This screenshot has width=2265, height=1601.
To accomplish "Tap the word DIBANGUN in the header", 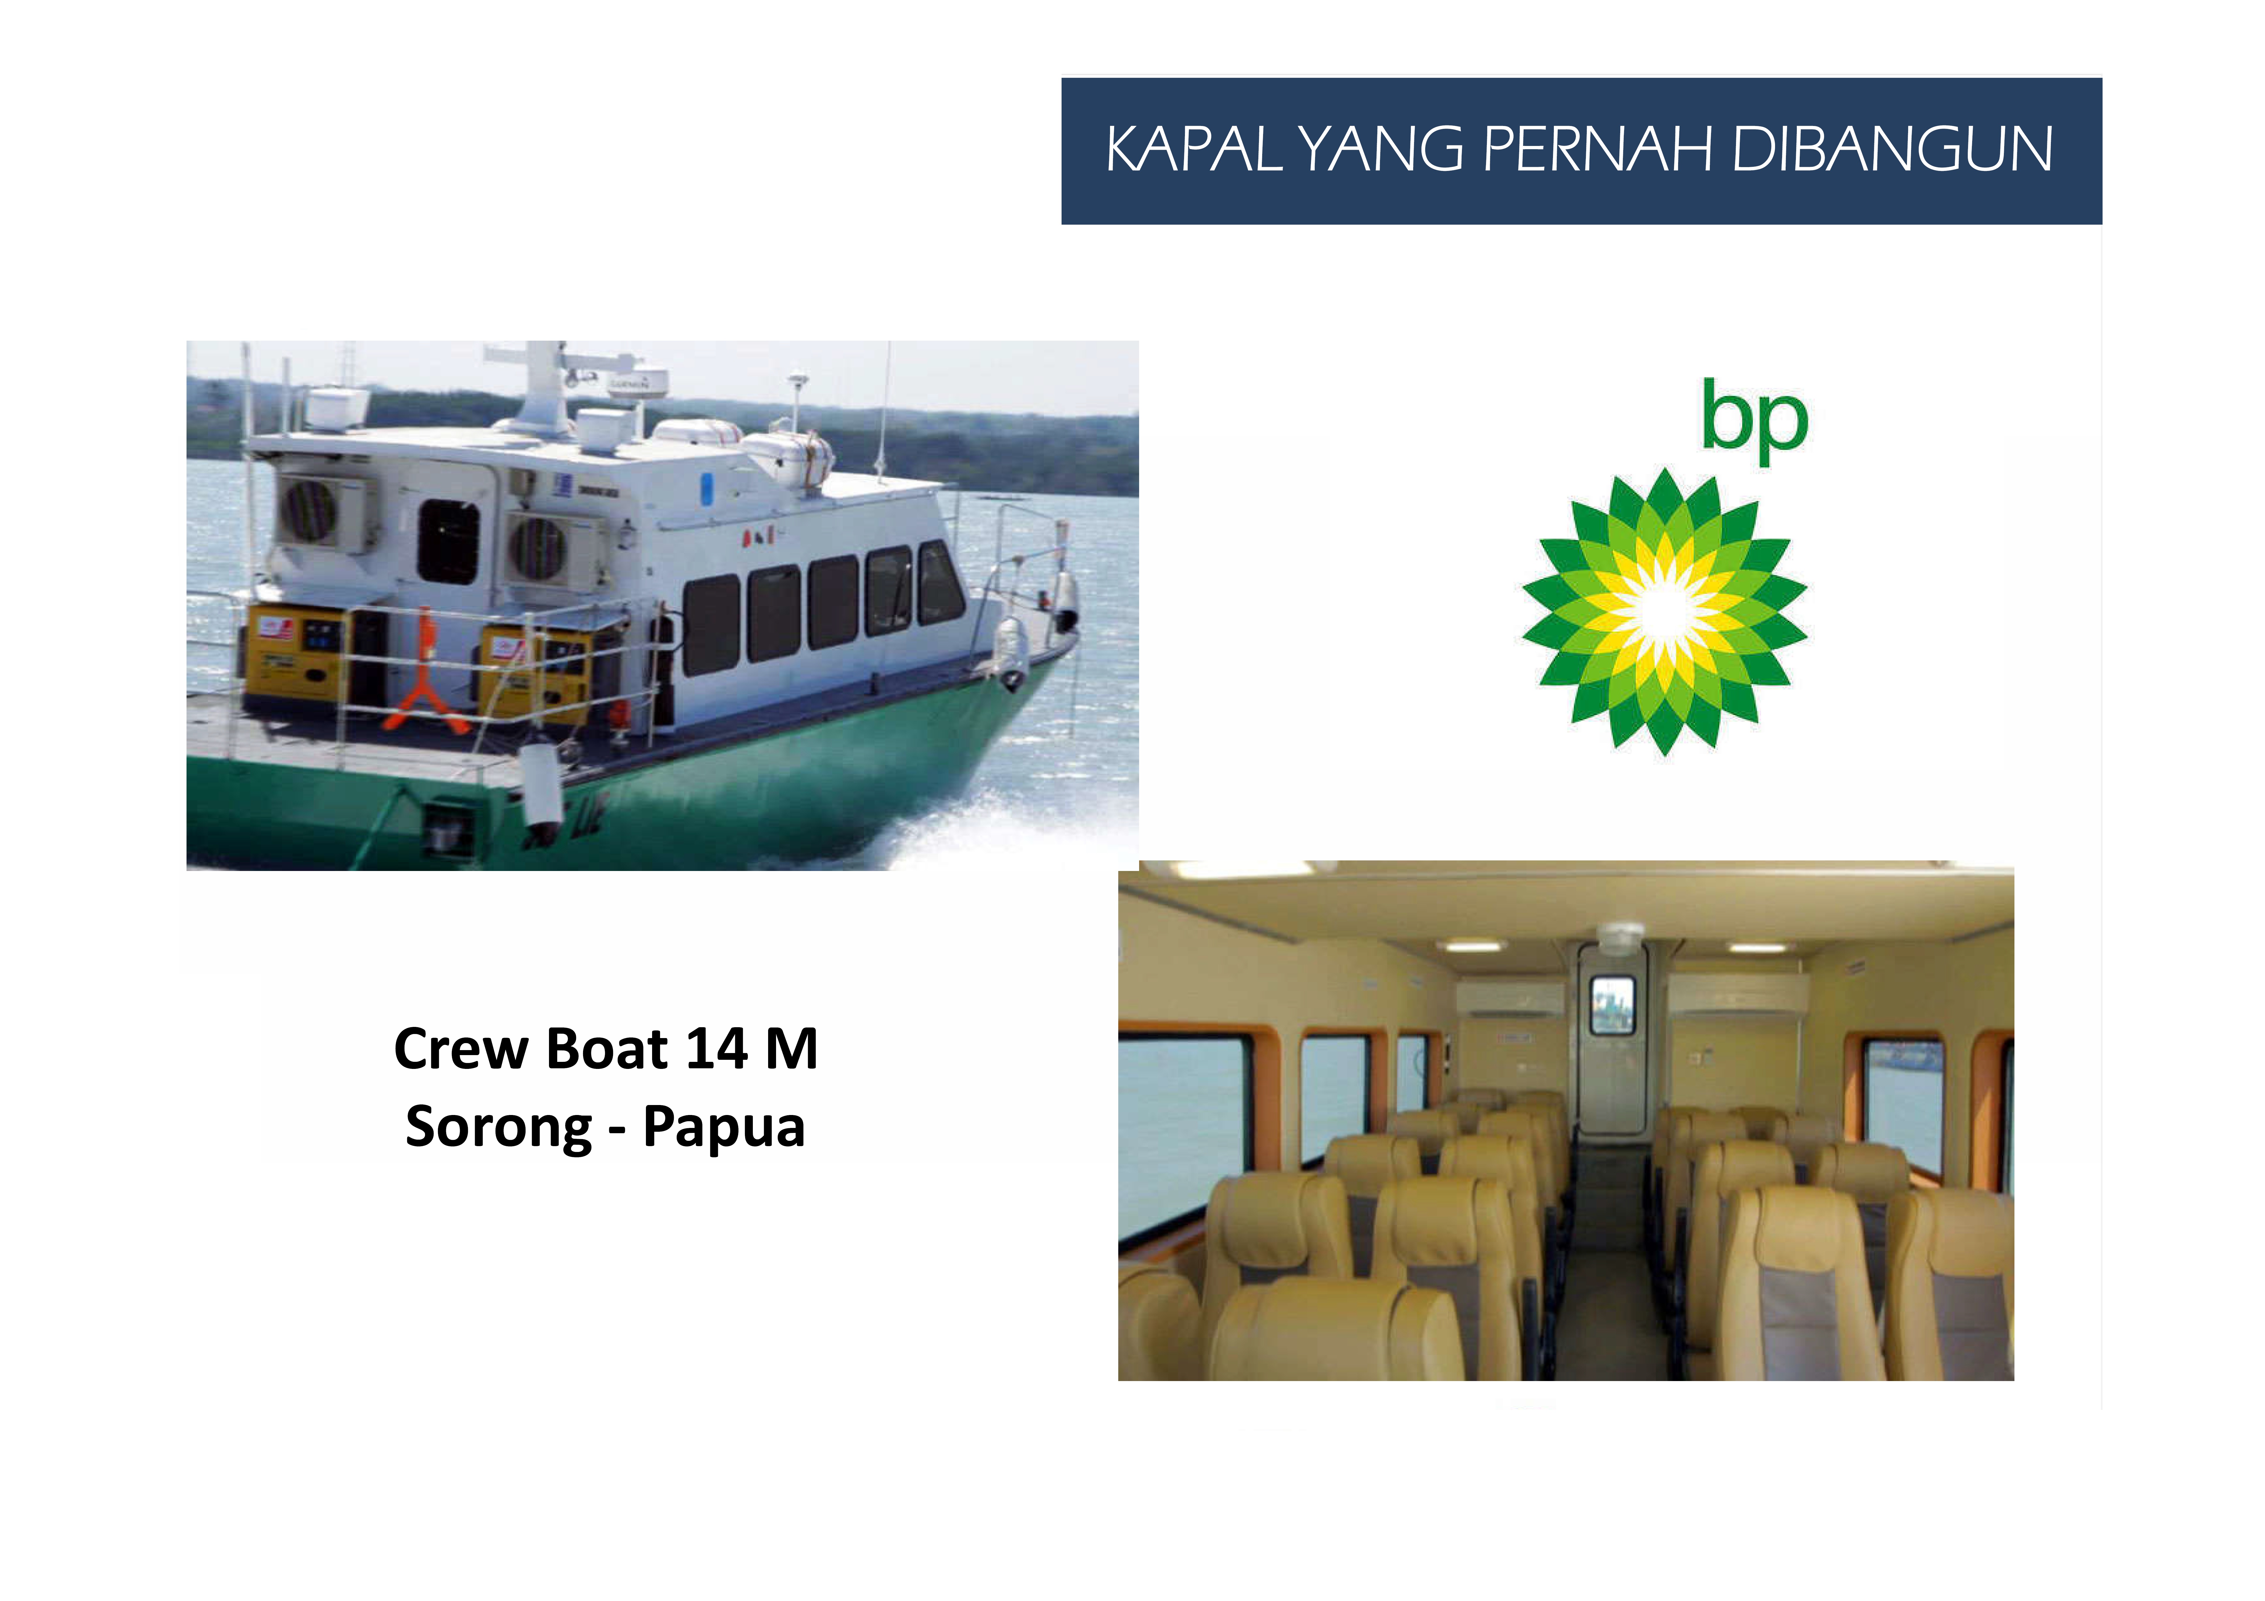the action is click(x=1892, y=150).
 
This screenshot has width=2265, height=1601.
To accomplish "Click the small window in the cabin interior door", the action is click(x=1612, y=1004).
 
